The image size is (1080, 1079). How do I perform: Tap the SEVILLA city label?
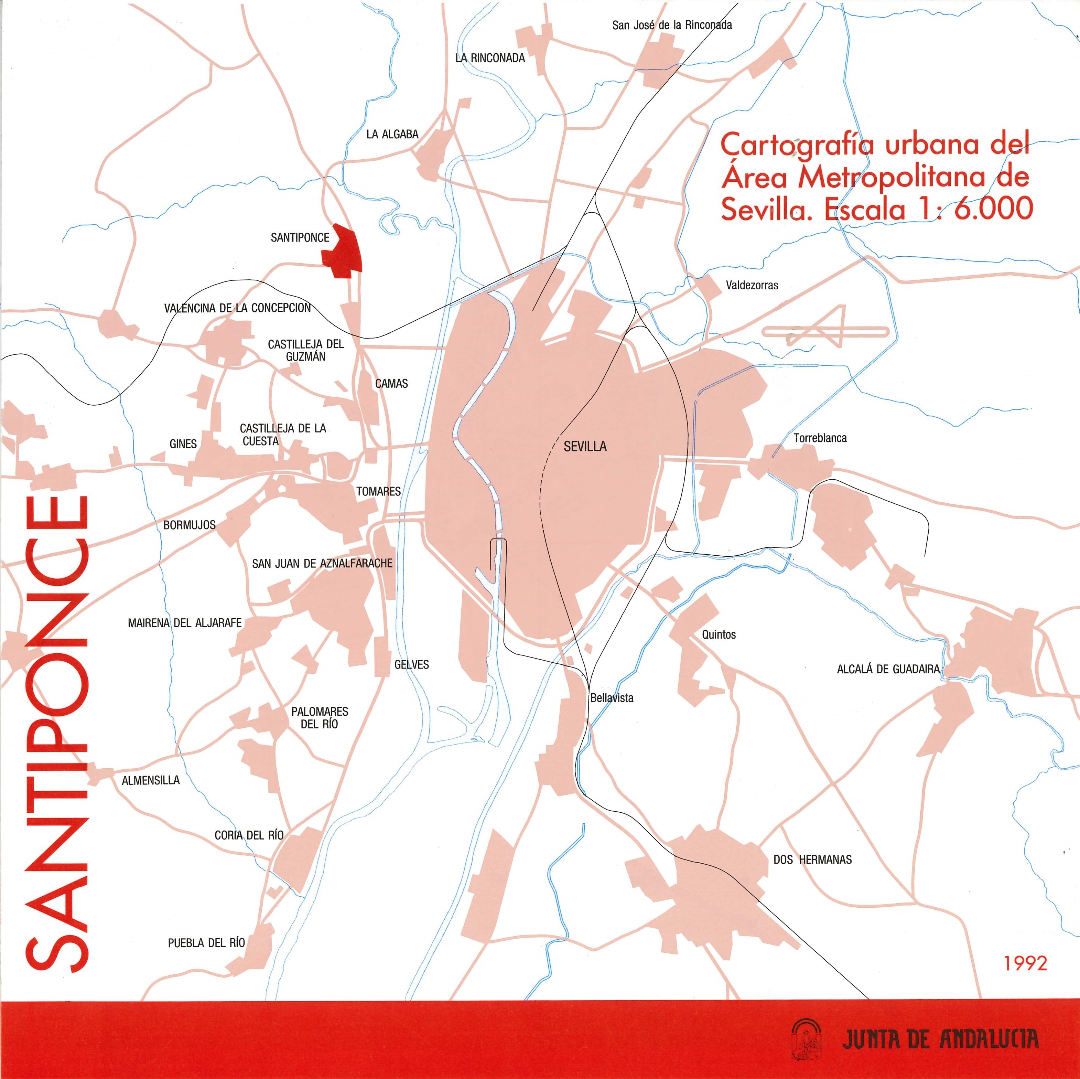pos(585,447)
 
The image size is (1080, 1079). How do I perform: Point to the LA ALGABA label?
pos(392,134)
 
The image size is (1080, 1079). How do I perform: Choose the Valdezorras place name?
pos(751,285)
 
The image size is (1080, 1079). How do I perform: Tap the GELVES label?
pos(411,664)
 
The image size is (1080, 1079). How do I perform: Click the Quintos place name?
pos(719,634)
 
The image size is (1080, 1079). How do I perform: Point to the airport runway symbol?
pos(825,331)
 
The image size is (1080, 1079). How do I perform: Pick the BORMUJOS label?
pos(189,525)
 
